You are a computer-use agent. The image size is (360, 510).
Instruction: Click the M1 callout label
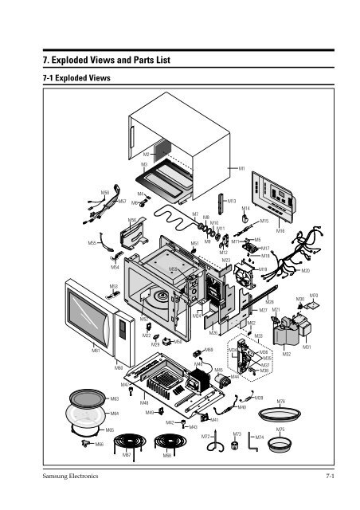pyautogui.click(x=241, y=169)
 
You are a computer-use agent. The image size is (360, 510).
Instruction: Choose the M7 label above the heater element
pyautogui.click(x=195, y=214)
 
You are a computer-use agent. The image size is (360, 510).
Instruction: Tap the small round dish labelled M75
pyautogui.click(x=280, y=445)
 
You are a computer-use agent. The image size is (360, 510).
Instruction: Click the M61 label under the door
pyautogui.click(x=95, y=349)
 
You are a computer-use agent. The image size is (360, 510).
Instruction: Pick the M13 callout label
pyautogui.click(x=231, y=202)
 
